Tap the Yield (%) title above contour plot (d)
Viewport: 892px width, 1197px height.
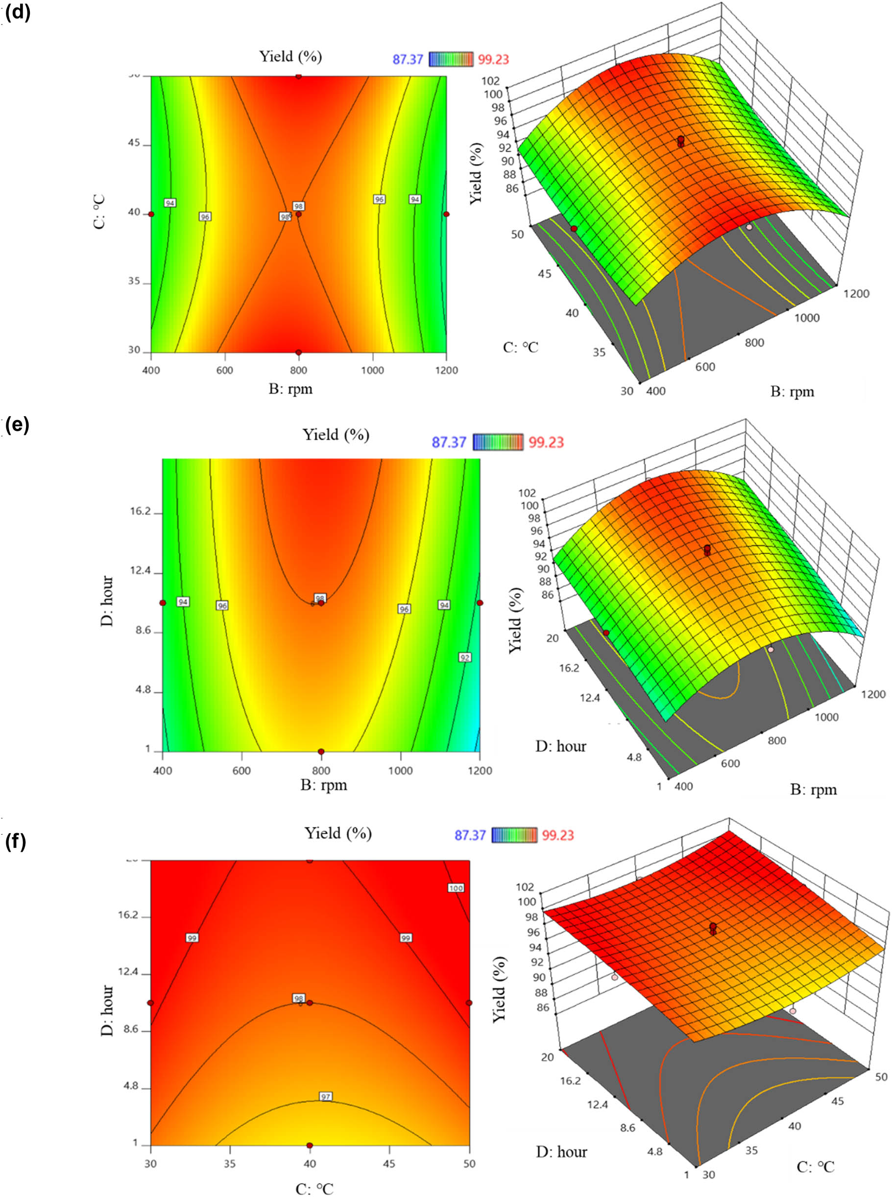290,56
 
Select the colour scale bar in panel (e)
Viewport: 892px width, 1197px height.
498,442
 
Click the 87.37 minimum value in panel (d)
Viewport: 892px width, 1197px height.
408,59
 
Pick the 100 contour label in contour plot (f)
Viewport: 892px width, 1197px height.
456,888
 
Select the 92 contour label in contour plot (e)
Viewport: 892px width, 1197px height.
465,657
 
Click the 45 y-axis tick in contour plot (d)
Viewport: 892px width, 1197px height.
134,143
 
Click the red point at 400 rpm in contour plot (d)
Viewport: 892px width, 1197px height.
151,214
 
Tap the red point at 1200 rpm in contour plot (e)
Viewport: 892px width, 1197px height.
480,603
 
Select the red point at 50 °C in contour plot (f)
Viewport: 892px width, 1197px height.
469,1003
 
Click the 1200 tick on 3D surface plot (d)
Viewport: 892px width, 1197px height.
856,294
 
